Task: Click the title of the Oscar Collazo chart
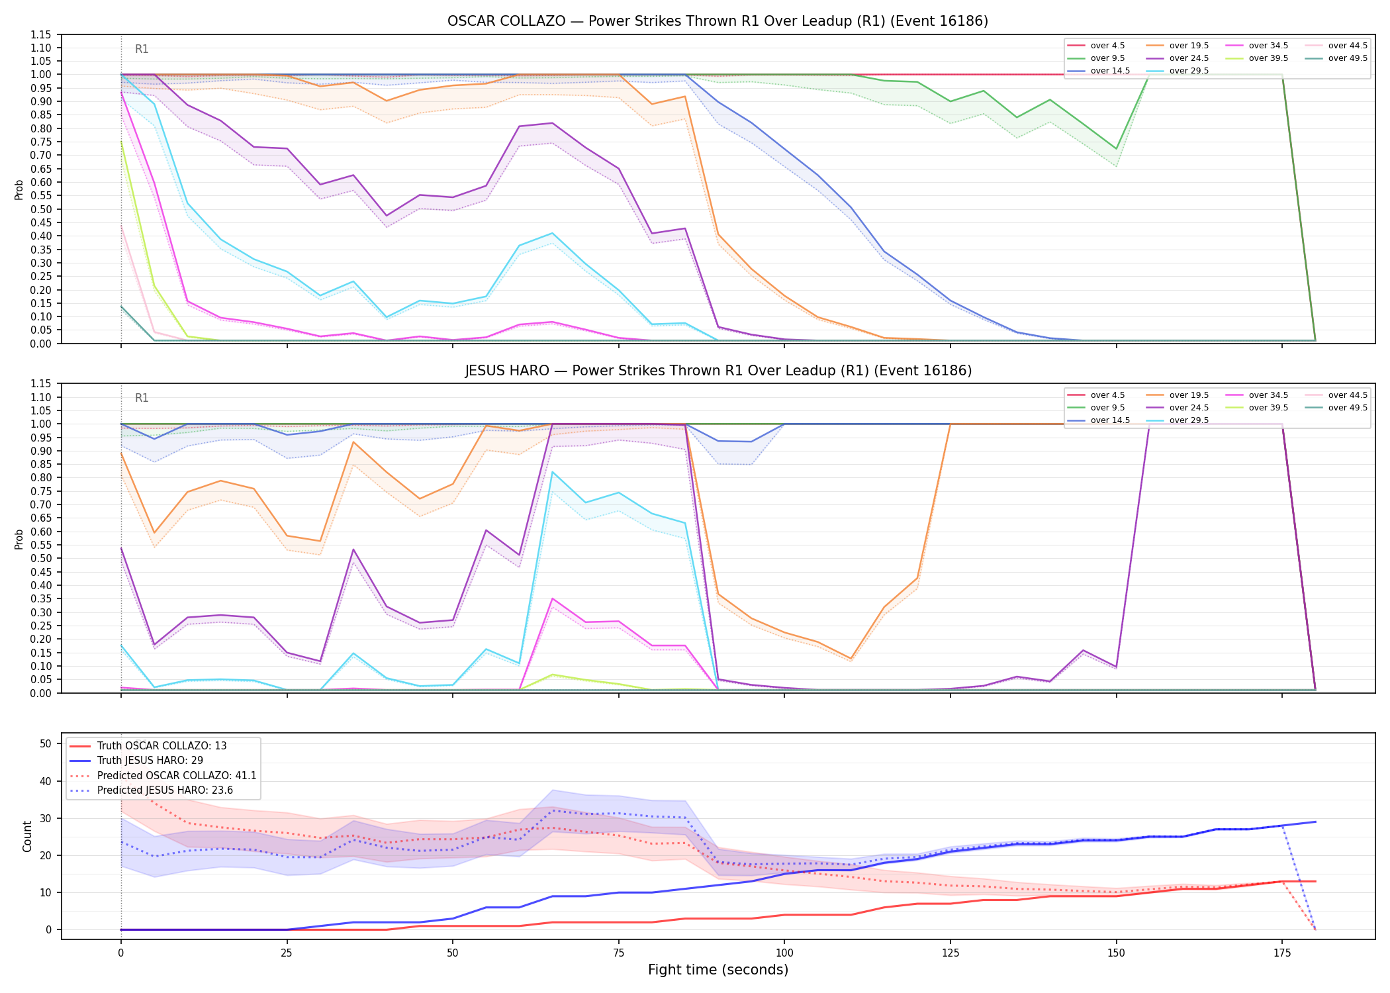point(718,21)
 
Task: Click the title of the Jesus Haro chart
point(718,371)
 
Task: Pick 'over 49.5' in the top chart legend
point(1348,58)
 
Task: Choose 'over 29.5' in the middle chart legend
point(1189,420)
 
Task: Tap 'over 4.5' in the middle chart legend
point(1107,395)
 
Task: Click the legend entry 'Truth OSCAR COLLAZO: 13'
point(162,746)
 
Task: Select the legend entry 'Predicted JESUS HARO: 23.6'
point(165,790)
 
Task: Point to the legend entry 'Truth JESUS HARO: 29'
point(150,761)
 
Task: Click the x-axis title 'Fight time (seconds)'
point(718,970)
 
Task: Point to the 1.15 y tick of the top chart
point(41,34)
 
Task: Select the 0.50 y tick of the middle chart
point(41,559)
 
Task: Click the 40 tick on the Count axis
point(45,781)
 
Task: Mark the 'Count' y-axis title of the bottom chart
point(27,836)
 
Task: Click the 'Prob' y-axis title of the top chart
point(19,189)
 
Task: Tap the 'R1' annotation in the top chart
point(142,49)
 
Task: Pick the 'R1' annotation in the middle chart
point(142,398)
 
